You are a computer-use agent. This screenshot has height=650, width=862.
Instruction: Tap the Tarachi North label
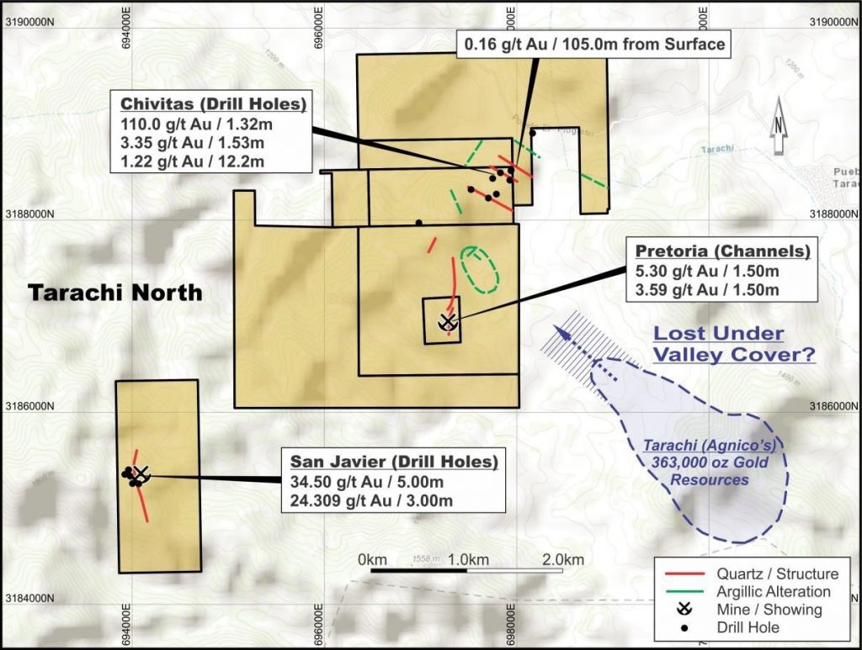(115, 293)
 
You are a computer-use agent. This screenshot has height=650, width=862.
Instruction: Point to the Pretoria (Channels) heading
(723, 251)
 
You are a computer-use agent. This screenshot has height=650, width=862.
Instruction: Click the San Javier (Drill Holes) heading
(394, 462)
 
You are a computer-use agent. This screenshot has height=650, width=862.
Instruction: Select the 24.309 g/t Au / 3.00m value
(372, 501)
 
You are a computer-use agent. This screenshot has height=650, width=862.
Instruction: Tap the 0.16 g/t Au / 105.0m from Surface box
(593, 45)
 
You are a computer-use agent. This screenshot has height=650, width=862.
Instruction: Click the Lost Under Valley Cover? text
(735, 344)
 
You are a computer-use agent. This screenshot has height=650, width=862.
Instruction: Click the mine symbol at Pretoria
(447, 321)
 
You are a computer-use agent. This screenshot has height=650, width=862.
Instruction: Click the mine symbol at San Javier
(141, 473)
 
